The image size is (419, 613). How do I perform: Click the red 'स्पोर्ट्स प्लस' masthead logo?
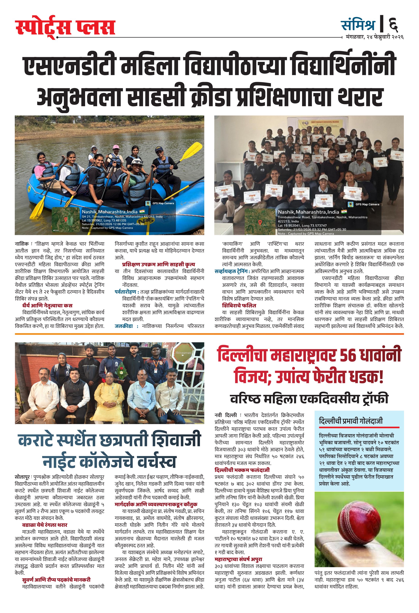pos(65,28)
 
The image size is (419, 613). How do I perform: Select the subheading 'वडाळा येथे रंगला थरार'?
pos(45,525)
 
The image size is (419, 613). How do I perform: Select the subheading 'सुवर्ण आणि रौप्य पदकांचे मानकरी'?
pos(56,580)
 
